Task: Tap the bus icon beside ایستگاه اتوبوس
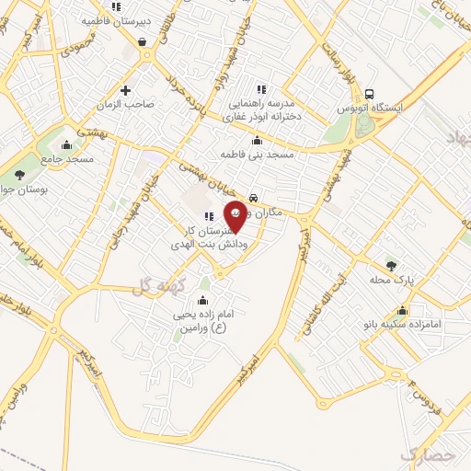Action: coord(369,94)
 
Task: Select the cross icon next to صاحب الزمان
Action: coord(125,90)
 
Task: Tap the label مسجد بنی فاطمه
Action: coord(256,155)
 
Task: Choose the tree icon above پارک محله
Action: coord(392,265)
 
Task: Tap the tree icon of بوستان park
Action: coord(20,173)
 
